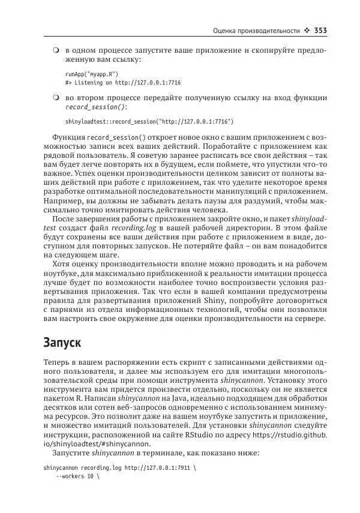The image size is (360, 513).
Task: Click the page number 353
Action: click(x=318, y=31)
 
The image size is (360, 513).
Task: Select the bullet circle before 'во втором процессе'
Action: click(x=55, y=97)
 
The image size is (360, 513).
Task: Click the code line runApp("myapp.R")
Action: click(x=92, y=73)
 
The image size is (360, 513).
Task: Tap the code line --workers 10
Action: click(x=77, y=478)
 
